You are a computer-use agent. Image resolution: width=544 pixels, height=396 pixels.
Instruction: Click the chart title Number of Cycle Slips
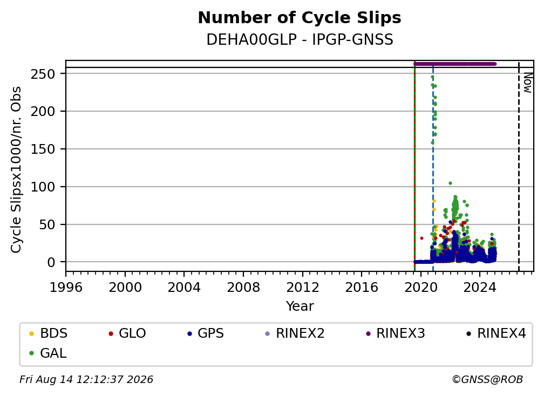coord(300,18)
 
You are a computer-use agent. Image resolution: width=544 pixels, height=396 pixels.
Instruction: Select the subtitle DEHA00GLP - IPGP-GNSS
coord(300,39)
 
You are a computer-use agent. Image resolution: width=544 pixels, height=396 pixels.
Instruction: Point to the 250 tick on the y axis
coord(43,74)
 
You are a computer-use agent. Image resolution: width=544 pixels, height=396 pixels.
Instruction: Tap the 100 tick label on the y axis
coord(43,187)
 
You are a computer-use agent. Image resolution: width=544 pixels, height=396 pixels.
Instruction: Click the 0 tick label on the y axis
coord(51,262)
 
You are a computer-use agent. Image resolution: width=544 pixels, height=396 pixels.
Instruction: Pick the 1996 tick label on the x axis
coord(66,288)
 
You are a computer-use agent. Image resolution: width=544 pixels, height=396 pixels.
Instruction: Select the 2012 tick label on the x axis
coord(303,288)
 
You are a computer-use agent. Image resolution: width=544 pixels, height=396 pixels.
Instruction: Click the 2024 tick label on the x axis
coord(480,288)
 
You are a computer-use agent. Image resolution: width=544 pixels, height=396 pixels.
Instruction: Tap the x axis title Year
coord(300,306)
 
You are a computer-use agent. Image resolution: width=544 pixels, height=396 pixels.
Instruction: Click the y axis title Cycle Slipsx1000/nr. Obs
coord(16,169)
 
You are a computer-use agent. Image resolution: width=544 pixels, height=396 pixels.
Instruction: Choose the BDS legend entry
coord(48,333)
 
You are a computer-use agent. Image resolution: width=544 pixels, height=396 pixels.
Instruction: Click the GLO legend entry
coord(127,333)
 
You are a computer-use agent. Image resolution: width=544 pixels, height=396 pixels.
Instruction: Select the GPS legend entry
coord(206,333)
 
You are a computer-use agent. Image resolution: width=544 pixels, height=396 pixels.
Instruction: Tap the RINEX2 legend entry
coord(295,333)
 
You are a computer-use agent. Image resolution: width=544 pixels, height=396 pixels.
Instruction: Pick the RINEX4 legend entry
coord(496,333)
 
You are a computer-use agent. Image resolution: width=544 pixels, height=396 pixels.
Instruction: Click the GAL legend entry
coord(47,353)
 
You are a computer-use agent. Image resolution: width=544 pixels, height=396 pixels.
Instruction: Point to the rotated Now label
coord(528,83)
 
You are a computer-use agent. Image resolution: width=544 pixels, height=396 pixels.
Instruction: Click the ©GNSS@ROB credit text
coord(487,379)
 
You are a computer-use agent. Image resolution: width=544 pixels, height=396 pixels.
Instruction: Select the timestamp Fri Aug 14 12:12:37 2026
coord(86,379)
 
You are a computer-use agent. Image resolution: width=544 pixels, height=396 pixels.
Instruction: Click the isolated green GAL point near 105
coord(450,183)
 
